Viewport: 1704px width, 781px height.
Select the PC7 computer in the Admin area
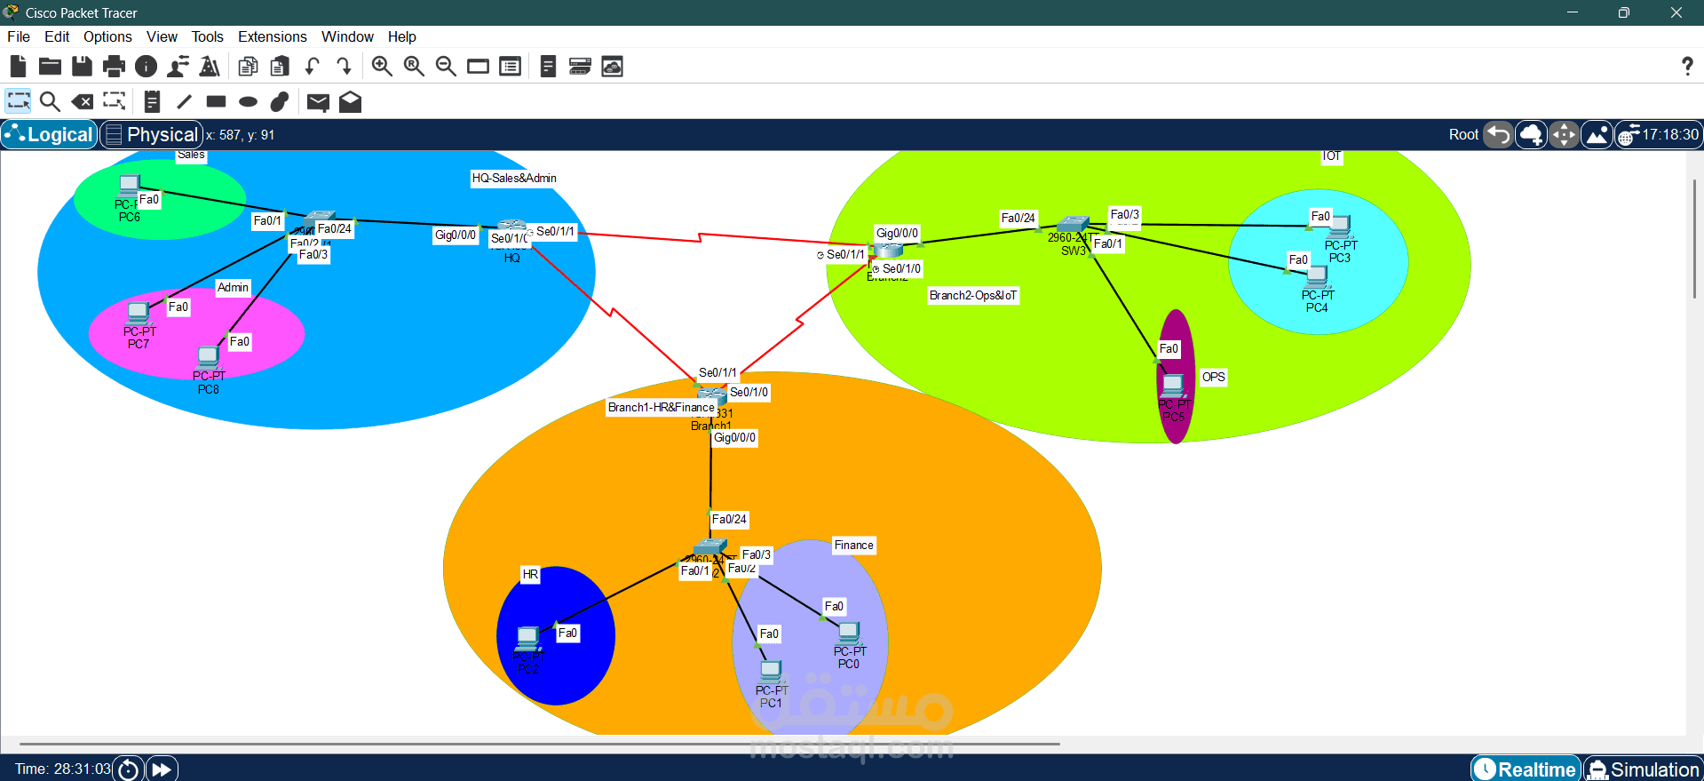pyautogui.click(x=138, y=313)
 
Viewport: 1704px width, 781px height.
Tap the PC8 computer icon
pyautogui.click(x=208, y=357)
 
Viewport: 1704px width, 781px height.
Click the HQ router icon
pyautogui.click(x=511, y=227)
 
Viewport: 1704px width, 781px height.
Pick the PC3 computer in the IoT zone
pyautogui.click(x=1339, y=227)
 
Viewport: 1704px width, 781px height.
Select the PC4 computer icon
pyautogui.click(x=1317, y=277)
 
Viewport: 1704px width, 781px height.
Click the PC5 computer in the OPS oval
pyautogui.click(x=1173, y=386)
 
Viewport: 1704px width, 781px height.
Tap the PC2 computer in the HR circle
pyautogui.click(x=528, y=638)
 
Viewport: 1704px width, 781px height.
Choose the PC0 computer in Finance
pyautogui.click(x=849, y=633)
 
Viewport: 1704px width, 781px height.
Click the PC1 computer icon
pyautogui.click(x=771, y=672)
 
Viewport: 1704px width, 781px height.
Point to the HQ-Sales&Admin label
pyautogui.click(x=514, y=178)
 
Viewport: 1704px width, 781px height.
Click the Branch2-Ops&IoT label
pyautogui.click(x=973, y=295)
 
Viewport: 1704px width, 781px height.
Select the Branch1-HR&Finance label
pyautogui.click(x=661, y=407)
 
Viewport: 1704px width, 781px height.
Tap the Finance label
pyautogui.click(x=853, y=545)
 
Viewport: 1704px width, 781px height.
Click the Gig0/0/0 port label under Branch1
pyautogui.click(x=735, y=437)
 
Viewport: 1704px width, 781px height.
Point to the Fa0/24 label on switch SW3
pyautogui.click(x=1018, y=218)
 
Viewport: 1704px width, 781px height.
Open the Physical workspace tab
pyautogui.click(x=152, y=134)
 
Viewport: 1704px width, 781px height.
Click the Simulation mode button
pyautogui.click(x=1644, y=769)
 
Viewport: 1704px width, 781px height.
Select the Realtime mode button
pyautogui.click(x=1526, y=769)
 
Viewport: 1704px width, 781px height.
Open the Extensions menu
pyautogui.click(x=272, y=36)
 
